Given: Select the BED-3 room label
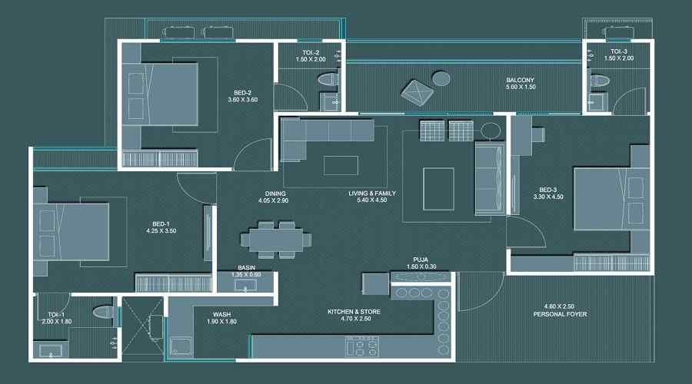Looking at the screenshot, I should tap(547, 190).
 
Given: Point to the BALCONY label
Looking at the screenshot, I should tap(520, 80).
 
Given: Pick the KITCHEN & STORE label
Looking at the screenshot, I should tap(353, 312).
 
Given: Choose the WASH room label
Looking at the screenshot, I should tap(223, 313).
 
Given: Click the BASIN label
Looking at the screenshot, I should tap(247, 268).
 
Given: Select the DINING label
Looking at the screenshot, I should tap(273, 194).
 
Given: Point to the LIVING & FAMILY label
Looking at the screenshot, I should tap(372, 194).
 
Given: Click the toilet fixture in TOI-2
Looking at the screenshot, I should tap(328, 78).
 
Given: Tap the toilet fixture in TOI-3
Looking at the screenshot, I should tap(599, 80).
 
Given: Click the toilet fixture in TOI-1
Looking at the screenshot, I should tap(103, 312).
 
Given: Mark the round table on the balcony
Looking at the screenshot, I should tap(441, 78).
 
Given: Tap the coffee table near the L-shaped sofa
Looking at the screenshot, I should tap(341, 166).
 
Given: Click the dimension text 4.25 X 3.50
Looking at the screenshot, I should tap(161, 230).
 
